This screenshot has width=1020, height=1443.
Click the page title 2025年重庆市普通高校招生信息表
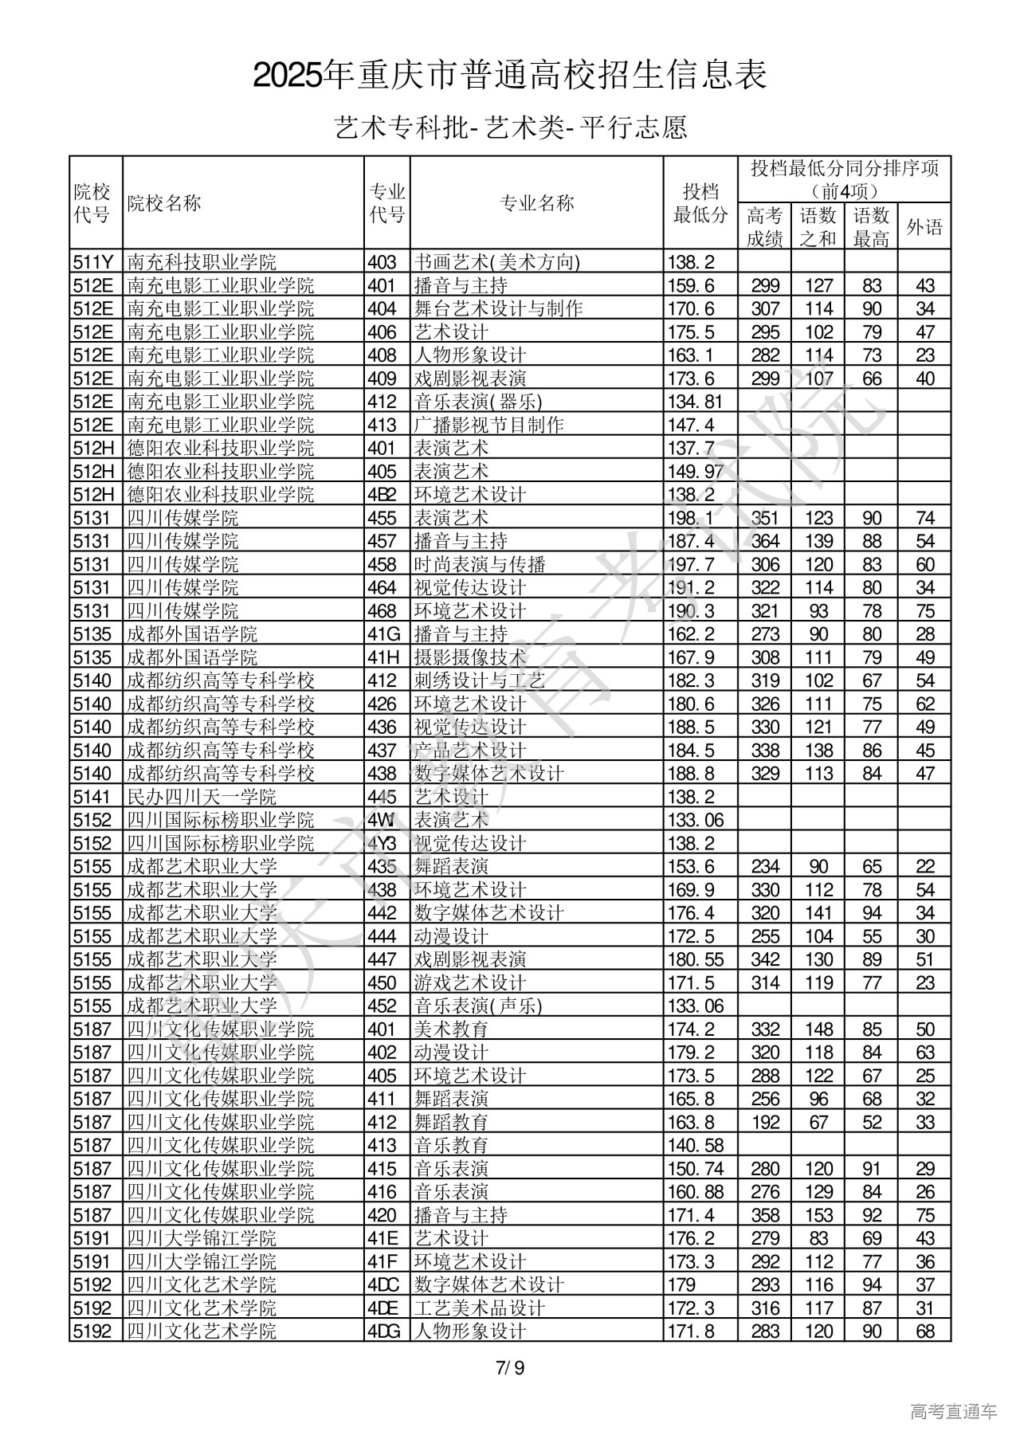point(510,76)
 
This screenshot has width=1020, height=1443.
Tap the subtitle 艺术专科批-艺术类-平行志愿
point(510,127)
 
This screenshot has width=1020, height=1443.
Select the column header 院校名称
point(164,203)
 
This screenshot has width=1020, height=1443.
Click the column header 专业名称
point(536,203)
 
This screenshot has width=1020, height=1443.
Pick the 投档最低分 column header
point(700,203)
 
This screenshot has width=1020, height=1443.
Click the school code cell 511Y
point(93,262)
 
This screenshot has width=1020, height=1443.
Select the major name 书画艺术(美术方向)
point(496,262)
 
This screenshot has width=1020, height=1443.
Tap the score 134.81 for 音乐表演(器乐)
point(699,402)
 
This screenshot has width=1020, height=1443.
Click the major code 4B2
point(382,494)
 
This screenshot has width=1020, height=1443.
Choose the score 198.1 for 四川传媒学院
point(694,518)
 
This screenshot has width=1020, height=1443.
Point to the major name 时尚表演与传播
point(469,564)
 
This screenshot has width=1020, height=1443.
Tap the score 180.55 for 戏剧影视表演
point(699,959)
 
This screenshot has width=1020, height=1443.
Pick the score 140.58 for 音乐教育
point(699,1145)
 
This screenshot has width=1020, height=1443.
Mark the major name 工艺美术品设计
point(479,1308)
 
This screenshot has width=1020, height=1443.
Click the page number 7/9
point(510,1368)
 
